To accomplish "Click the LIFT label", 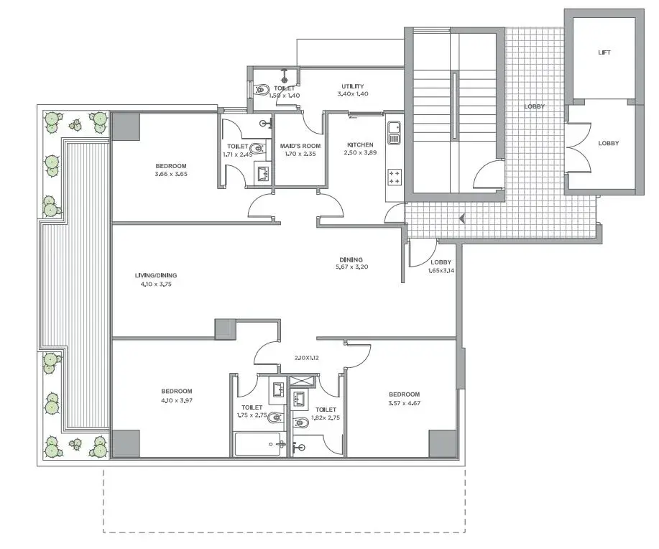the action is click(x=604, y=52).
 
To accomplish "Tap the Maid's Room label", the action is click(x=300, y=147).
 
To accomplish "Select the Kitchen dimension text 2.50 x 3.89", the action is click(x=360, y=152).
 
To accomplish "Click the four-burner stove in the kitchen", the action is click(x=395, y=177).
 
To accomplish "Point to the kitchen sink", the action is click(x=395, y=133).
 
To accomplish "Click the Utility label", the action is click(x=353, y=86).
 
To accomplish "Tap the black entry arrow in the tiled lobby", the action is click(x=462, y=218).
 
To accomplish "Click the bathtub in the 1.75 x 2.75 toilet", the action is click(x=257, y=444).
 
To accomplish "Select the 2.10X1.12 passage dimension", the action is click(x=306, y=358).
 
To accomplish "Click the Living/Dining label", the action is click(x=156, y=275).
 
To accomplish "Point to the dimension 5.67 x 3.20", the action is click(x=351, y=267).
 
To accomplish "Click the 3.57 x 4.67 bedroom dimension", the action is click(x=405, y=403).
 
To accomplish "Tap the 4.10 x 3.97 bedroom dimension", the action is click(x=177, y=400).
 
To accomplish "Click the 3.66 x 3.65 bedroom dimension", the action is click(x=171, y=174).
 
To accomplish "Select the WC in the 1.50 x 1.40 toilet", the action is click(x=262, y=89).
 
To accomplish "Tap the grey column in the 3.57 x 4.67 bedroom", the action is click(x=442, y=443).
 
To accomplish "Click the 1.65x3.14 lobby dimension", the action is click(x=441, y=271).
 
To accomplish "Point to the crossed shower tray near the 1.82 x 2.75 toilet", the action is click(x=302, y=382).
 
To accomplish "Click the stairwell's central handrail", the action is click(x=454, y=106).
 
